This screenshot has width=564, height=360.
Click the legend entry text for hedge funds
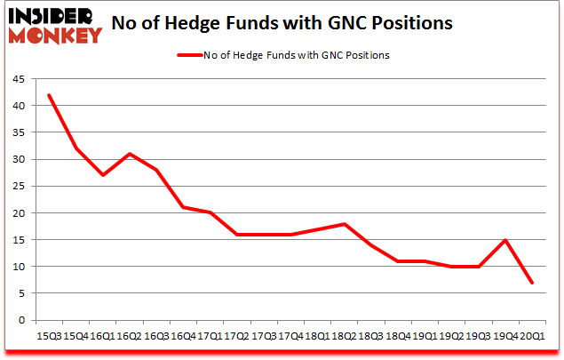(297, 55)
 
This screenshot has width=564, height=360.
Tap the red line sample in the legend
(190, 55)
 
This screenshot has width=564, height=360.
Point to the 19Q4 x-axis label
(504, 337)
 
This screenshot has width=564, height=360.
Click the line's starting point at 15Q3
(50, 95)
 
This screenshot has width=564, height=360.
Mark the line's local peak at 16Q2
(130, 154)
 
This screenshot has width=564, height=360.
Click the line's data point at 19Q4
(504, 240)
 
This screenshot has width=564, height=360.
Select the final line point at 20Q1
(531, 283)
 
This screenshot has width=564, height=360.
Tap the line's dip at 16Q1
(103, 175)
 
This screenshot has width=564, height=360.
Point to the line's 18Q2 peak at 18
(344, 224)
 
